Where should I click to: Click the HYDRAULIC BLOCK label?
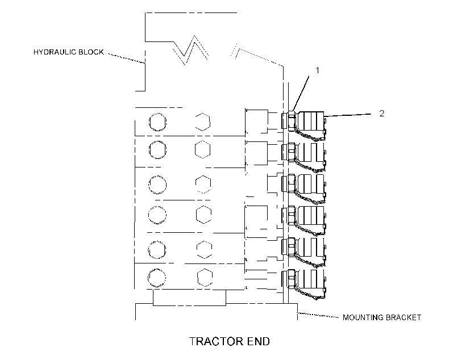click(69, 52)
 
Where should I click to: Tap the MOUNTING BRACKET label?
click(382, 317)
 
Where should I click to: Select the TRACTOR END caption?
click(230, 341)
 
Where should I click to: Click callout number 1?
click(318, 70)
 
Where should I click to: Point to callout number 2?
click(382, 113)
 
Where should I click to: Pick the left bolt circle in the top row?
click(157, 122)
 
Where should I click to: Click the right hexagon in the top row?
click(203, 122)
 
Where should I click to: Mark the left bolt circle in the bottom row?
click(157, 278)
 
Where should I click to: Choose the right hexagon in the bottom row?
click(205, 278)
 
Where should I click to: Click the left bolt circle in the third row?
click(157, 185)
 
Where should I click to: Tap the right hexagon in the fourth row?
click(204, 215)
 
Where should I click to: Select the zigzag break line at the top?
click(191, 50)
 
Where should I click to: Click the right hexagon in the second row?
click(203, 149)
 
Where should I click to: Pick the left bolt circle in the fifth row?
click(157, 250)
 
